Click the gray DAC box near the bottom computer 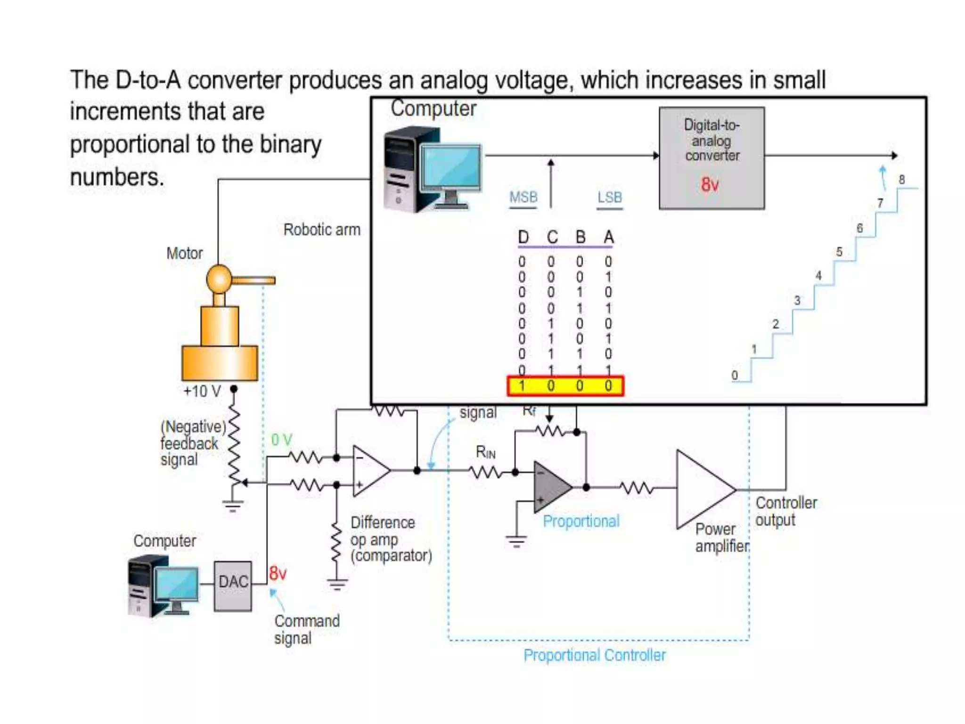(x=233, y=586)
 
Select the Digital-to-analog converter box (x=711, y=158)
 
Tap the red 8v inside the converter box (x=710, y=184)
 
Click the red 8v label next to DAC (x=278, y=574)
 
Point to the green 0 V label (x=282, y=440)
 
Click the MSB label (x=523, y=197)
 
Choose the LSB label (x=610, y=197)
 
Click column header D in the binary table (x=523, y=237)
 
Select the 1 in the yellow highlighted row (x=522, y=386)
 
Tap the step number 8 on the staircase (x=901, y=179)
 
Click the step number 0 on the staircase (x=735, y=375)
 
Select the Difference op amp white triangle (x=369, y=470)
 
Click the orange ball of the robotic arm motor (x=219, y=279)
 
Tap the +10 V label (x=202, y=391)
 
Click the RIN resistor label (x=485, y=452)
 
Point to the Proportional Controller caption (x=595, y=655)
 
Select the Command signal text (x=306, y=629)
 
